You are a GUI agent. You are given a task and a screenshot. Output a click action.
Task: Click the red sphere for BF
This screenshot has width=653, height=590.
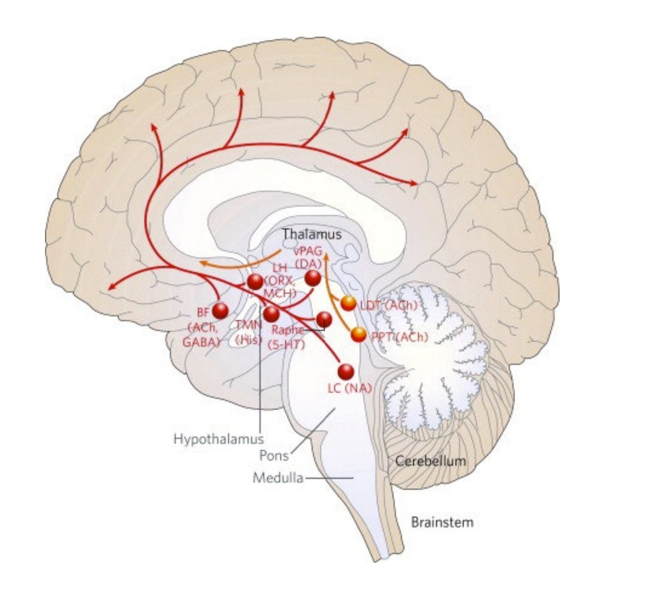(220, 311)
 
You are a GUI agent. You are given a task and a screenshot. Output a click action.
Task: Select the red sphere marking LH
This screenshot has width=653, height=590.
(255, 282)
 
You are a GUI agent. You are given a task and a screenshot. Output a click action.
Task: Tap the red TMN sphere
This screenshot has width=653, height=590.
(271, 313)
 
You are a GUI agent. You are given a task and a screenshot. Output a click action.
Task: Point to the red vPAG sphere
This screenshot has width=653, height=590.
(313, 278)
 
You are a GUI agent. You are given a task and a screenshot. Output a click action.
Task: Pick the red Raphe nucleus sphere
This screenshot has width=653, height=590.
(324, 319)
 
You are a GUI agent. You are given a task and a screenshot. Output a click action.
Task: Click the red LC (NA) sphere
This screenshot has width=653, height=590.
(346, 372)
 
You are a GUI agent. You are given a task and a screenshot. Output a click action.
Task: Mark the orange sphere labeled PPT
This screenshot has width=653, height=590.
(359, 334)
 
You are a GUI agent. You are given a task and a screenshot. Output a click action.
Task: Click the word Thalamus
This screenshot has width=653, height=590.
(311, 235)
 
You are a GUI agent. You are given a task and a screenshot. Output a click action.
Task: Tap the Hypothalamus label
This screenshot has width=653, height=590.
(218, 439)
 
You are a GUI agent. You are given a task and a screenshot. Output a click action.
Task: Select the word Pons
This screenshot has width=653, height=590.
(274, 456)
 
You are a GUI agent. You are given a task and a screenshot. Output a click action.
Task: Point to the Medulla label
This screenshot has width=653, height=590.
(278, 477)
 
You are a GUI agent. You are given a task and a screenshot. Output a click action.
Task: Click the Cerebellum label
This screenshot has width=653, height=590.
(430, 461)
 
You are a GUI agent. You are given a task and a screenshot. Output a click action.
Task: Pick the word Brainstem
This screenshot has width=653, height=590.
(442, 522)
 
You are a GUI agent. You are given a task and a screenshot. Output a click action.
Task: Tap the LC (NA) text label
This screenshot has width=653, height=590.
(350, 388)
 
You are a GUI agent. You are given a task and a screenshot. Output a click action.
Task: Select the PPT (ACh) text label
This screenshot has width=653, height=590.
(399, 337)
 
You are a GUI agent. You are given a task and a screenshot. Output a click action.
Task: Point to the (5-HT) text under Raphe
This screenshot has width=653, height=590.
(287, 345)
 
